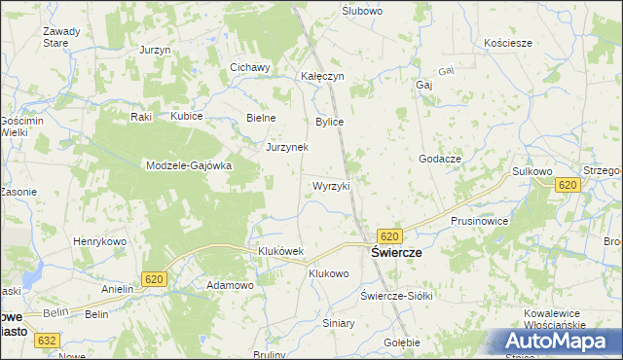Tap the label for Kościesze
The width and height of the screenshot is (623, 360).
click(x=507, y=43)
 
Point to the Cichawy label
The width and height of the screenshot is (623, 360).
click(x=249, y=67)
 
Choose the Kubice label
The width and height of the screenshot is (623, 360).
click(x=186, y=116)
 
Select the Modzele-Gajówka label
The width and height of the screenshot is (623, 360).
click(x=188, y=165)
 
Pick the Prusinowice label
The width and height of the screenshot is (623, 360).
click(x=479, y=221)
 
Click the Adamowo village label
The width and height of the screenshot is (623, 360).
click(x=230, y=285)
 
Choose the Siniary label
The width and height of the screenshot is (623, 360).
click(x=339, y=322)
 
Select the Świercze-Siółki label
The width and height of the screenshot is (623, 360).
click(x=395, y=295)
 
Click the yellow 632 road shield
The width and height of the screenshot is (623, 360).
click(x=45, y=341)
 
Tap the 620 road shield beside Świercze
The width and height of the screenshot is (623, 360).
click(x=389, y=236)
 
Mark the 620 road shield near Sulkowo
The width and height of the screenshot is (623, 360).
click(x=567, y=184)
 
